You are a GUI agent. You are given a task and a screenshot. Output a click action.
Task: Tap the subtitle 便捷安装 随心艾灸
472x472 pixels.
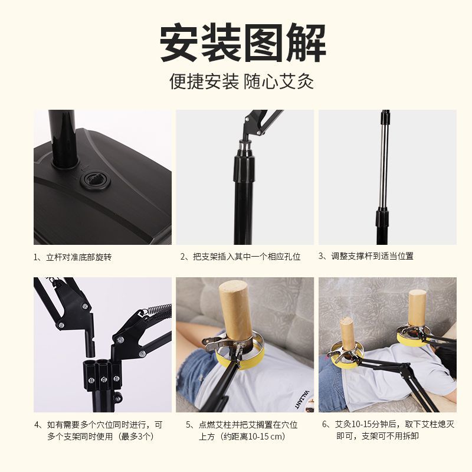point(242,81)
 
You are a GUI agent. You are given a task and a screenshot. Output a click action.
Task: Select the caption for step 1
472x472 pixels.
point(73,257)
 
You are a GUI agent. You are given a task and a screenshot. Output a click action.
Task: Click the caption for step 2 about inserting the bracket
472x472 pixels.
point(241,257)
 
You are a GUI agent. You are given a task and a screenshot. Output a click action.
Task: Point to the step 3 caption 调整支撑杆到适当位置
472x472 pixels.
point(366,256)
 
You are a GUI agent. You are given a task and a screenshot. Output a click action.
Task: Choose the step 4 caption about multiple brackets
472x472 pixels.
point(99,431)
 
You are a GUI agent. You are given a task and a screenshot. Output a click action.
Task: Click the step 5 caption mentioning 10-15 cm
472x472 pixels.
point(241,431)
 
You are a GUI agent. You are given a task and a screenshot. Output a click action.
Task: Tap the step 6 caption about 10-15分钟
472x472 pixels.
point(388,430)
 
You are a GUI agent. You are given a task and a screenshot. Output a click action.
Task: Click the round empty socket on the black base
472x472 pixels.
point(95,180)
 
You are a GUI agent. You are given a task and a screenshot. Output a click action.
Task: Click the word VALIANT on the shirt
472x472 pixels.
point(302,399)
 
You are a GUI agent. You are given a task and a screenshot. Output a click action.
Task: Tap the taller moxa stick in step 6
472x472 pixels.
point(418,307)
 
